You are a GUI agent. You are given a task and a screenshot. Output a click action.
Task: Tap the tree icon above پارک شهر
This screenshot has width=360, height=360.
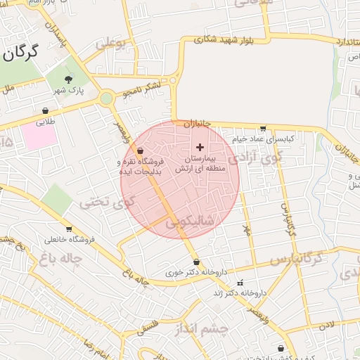click(x=68, y=79)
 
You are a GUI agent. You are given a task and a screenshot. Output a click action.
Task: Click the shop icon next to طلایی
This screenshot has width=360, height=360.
click(x=46, y=110)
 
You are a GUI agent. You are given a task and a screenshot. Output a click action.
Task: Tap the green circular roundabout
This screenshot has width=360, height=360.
click(x=106, y=98)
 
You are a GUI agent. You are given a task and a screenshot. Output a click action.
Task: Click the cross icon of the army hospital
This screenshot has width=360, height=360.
click(x=201, y=147)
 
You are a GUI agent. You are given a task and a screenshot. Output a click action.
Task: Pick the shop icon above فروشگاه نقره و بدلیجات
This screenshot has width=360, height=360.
click(x=140, y=150)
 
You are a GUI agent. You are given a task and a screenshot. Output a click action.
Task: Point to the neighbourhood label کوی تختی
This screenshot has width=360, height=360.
click(x=105, y=204)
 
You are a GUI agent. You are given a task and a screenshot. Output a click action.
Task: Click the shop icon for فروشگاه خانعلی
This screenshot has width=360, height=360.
click(x=68, y=229)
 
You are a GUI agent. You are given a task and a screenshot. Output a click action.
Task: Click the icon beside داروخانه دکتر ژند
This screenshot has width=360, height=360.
click(x=240, y=283)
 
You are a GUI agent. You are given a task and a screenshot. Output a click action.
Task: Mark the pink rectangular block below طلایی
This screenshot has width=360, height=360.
click(x=39, y=136)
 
